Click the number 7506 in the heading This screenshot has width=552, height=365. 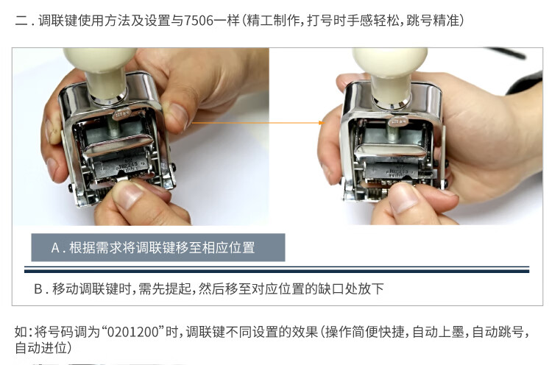click(199, 21)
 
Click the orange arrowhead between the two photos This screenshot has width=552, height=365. click(321, 123)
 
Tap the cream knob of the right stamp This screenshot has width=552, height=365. click(391, 74)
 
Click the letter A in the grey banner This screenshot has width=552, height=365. click(55, 248)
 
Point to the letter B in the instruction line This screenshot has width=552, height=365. click(38, 289)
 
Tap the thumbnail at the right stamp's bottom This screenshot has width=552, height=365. click(403, 198)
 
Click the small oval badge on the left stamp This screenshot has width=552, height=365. click(121, 113)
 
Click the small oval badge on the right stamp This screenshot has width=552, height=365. click(397, 121)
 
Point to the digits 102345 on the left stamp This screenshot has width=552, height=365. click(128, 165)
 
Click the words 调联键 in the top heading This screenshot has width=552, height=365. click(57, 21)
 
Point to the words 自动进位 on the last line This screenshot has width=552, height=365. click(40, 348)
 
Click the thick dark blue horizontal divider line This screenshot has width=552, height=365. click(277, 271)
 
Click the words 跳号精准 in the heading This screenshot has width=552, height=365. click(433, 21)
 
